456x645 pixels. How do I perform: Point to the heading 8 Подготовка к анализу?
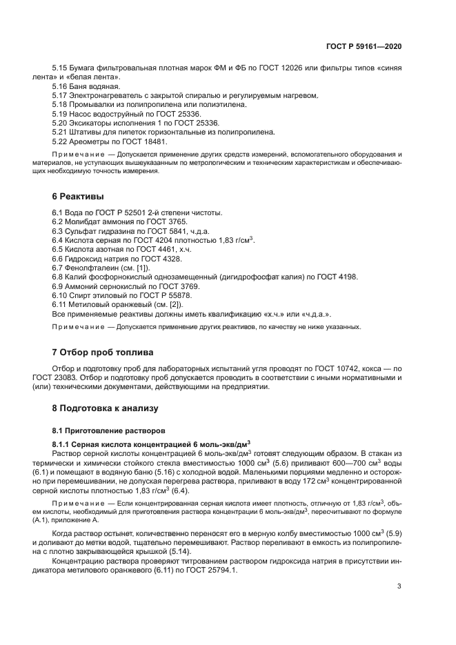(x=106, y=408)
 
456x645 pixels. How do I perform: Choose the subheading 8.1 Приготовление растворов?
(x=101, y=430)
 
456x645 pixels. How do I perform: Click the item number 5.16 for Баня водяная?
(x=61, y=86)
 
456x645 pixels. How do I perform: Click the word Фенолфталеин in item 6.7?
(x=92, y=267)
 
